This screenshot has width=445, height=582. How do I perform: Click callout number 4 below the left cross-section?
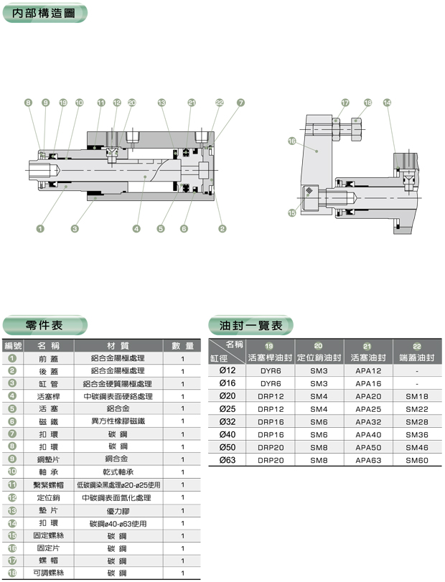point(136,229)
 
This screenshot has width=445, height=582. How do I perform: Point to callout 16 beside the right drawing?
point(292,141)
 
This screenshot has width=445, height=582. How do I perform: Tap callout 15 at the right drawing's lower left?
point(292,212)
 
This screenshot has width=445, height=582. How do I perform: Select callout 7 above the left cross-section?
point(240,103)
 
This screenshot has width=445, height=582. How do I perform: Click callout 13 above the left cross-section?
point(162,103)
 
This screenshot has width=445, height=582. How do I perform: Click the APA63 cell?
point(367,460)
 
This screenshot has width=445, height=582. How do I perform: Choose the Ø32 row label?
point(227,422)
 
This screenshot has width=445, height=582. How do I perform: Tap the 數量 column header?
point(183,346)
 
